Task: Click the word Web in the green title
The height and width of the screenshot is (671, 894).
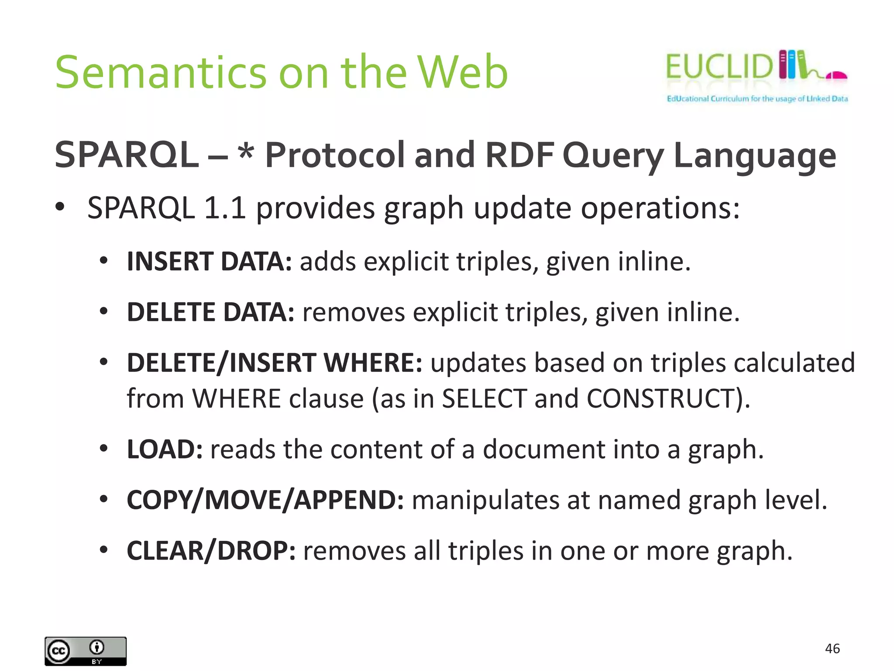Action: click(463, 73)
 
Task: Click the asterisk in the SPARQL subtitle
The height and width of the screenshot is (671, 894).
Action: click(246, 152)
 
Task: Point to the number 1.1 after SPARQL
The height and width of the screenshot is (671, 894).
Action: click(224, 208)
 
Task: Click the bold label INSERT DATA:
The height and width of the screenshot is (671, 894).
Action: click(209, 262)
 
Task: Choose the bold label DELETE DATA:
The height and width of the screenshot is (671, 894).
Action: click(210, 312)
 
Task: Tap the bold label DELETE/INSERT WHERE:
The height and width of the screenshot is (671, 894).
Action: click(274, 363)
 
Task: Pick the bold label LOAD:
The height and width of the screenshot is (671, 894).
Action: click(165, 450)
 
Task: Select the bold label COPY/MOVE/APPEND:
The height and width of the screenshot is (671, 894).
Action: click(265, 500)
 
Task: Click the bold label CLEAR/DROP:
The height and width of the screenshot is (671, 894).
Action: click(211, 551)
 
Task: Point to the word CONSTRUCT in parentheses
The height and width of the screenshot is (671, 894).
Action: click(661, 399)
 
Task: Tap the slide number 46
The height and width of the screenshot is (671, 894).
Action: click(832, 649)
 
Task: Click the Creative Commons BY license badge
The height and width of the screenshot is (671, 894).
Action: click(86, 651)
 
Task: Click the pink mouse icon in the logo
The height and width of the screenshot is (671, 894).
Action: click(836, 76)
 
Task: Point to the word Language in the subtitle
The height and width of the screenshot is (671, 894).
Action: click(755, 156)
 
